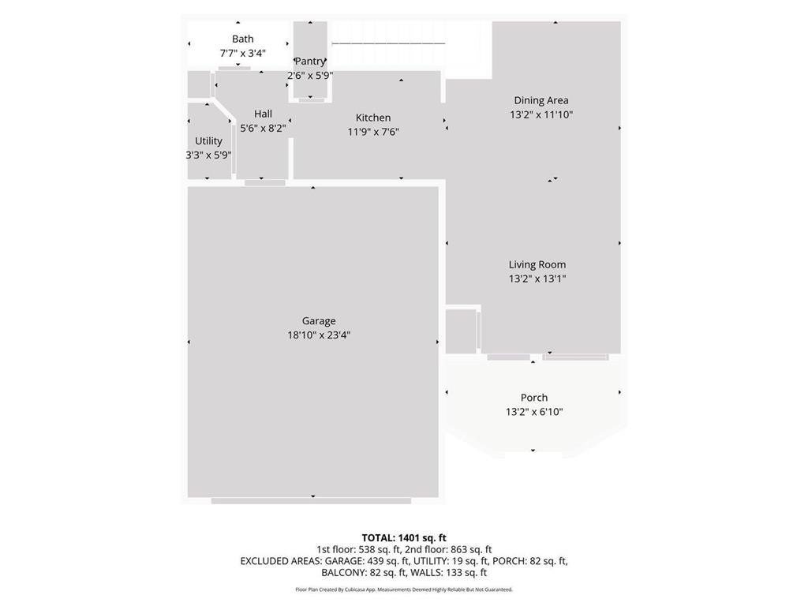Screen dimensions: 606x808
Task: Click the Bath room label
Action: (x=242, y=39)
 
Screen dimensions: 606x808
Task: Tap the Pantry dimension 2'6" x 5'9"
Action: (x=309, y=75)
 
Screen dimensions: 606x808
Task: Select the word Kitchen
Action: (x=373, y=118)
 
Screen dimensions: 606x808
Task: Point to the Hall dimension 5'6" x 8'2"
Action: (x=263, y=128)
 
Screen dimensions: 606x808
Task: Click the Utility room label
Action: (x=208, y=140)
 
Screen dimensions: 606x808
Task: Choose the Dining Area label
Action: (x=541, y=100)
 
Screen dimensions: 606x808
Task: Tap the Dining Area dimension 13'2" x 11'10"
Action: (x=541, y=114)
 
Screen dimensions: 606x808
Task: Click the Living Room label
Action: (x=537, y=264)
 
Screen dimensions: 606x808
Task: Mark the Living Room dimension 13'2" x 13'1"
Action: (x=537, y=279)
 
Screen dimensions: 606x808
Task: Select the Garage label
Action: (x=319, y=320)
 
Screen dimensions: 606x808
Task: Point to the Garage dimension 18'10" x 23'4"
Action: (x=319, y=335)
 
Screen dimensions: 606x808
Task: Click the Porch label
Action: (x=533, y=398)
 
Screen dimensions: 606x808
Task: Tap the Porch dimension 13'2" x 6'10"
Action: (x=533, y=412)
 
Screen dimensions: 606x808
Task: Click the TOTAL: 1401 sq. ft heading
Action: (x=404, y=537)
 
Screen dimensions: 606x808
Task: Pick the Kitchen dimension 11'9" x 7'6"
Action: (x=373, y=132)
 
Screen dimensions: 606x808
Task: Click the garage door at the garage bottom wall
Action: (x=311, y=500)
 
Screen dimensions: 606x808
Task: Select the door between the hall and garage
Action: (x=264, y=183)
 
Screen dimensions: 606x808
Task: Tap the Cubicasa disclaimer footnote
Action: (x=404, y=589)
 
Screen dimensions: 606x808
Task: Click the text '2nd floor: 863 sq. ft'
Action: (x=448, y=549)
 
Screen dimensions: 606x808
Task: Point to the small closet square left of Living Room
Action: (x=461, y=331)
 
